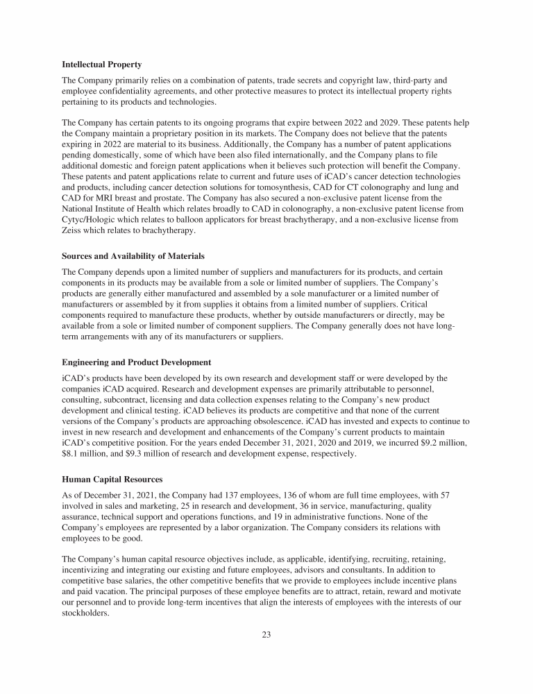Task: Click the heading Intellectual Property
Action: (102, 65)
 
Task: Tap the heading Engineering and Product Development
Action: (136, 362)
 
